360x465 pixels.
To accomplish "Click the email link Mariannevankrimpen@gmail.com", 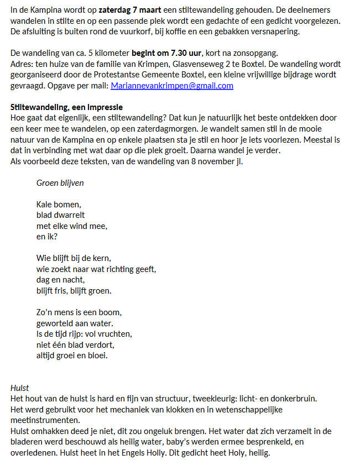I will tap(172, 86).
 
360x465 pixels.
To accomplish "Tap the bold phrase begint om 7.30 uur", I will tap(167, 54).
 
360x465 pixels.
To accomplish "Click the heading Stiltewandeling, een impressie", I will tap(67, 107).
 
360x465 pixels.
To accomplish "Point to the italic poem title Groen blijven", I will tap(60, 182).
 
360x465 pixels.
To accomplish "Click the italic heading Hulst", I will tap(20, 388).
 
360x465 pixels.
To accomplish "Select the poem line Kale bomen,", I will tap(59, 204).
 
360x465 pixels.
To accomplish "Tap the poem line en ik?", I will tap(47, 236).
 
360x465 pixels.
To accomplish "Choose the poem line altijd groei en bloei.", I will tap(72, 355).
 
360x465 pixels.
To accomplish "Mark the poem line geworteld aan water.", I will tap(75, 323).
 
